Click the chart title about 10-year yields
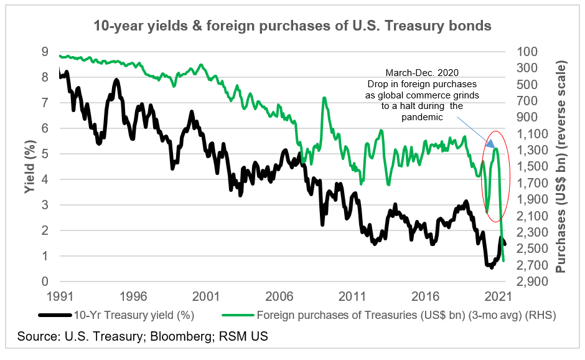pyautogui.click(x=292, y=26)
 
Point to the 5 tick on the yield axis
pyautogui.click(x=44, y=154)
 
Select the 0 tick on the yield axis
pyautogui.click(x=44, y=282)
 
